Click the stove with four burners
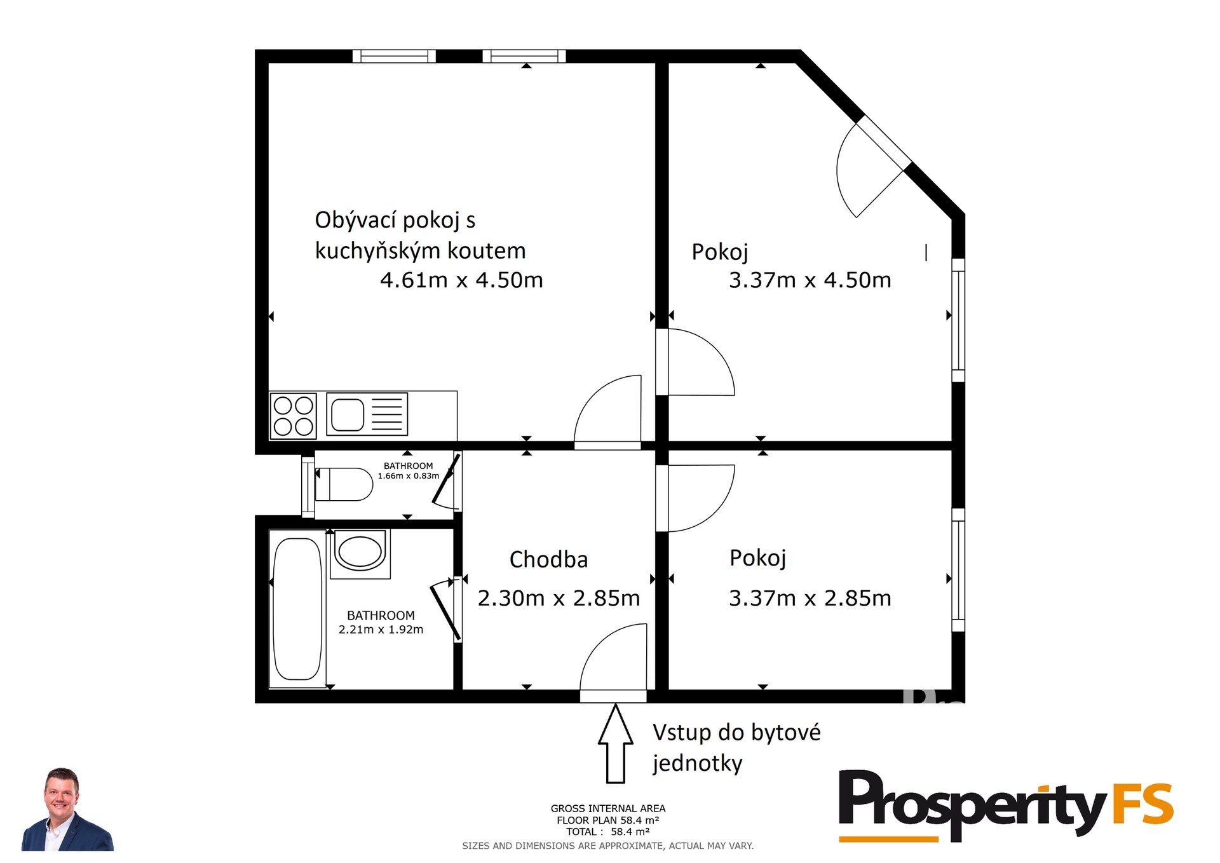coord(293,416)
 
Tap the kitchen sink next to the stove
coord(367,414)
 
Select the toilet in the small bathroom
coord(344,484)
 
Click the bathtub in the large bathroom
coord(297,609)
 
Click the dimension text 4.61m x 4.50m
coord(461,280)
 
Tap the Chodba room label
coord(548,559)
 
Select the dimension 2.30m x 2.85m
coord(559,598)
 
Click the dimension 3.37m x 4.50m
coord(810,280)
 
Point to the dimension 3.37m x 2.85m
coord(810,598)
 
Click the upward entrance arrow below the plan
coord(615,744)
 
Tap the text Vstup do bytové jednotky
coord(736,747)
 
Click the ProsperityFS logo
coord(1006,805)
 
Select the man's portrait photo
coord(67,809)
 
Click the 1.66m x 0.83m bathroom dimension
coord(409,476)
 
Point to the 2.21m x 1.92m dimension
coord(381,630)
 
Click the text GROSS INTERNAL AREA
coord(608,808)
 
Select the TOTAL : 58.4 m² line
coord(608,832)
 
